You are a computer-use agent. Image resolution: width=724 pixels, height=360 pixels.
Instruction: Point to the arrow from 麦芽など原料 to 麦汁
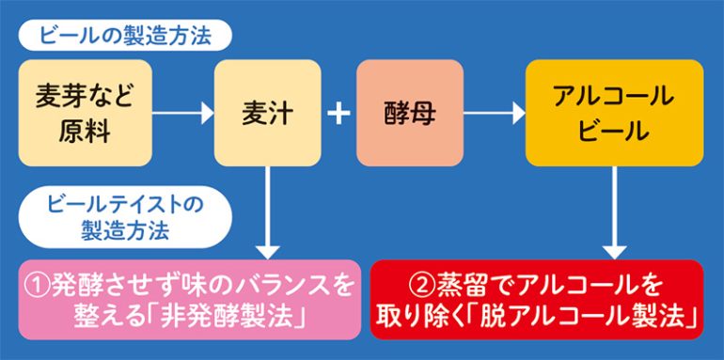point(182,114)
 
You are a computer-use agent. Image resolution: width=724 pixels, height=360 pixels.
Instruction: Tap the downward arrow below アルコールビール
point(613,212)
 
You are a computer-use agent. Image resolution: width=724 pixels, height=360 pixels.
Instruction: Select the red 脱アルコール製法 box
point(537,299)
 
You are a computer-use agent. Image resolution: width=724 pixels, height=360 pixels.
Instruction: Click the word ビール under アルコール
point(613,131)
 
